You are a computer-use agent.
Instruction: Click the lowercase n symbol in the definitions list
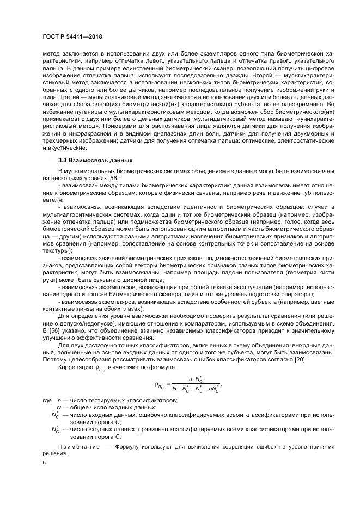59,400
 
